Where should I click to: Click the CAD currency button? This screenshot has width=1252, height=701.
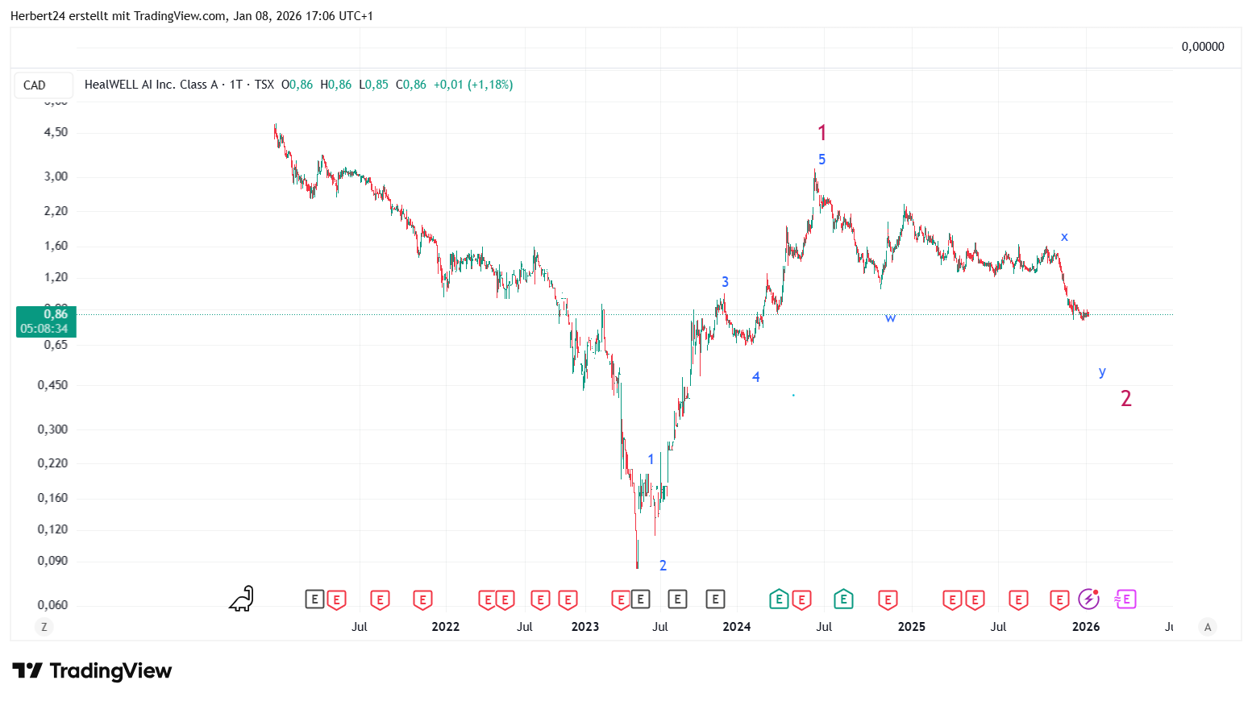[35, 85]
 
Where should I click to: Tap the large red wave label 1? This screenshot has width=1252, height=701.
[821, 133]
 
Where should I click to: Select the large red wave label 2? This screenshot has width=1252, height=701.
[1126, 398]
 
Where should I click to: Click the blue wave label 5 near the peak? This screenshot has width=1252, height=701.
[821, 160]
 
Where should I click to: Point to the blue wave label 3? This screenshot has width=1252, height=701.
[725, 282]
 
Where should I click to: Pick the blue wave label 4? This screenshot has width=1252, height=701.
[755, 377]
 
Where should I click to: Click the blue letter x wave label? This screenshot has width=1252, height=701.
[1064, 237]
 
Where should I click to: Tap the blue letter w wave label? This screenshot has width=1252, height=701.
[890, 318]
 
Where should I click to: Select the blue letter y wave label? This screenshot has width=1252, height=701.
[1102, 371]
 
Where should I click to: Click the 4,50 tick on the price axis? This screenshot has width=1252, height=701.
[56, 132]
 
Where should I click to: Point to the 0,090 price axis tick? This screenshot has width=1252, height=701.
[52, 561]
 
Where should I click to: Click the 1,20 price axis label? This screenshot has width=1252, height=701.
[56, 277]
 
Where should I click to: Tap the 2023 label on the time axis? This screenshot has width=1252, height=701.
[585, 627]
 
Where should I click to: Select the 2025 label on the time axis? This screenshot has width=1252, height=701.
[912, 627]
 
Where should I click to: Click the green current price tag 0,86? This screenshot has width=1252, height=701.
[47, 321]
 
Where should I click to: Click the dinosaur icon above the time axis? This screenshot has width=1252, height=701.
[242, 599]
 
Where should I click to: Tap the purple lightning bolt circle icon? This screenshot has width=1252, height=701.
[1089, 599]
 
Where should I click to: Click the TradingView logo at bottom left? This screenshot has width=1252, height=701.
[92, 671]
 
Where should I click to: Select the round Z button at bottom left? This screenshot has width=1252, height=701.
[44, 627]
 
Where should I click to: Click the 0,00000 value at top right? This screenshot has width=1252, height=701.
[1203, 47]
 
